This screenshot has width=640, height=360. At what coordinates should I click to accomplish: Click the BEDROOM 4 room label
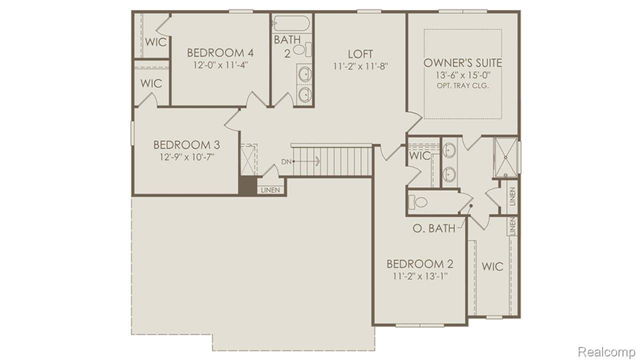pos(216,52)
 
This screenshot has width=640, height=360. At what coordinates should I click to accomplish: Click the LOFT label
pos(360,54)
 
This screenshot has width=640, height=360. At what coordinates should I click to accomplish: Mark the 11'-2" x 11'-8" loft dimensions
pos(360,65)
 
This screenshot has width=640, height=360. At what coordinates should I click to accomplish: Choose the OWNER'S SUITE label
pos(462,63)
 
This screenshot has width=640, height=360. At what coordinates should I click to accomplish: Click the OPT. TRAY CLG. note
pos(462,85)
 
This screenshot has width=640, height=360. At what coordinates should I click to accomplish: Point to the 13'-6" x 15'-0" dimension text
pos(462,75)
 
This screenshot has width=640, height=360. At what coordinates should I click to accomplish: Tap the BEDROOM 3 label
pos(186,145)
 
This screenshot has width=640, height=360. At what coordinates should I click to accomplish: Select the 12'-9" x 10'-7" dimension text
pos(186,157)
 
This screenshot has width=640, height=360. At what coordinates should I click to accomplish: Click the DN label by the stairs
pos(286,161)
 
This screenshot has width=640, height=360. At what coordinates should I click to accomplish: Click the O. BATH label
pos(434,228)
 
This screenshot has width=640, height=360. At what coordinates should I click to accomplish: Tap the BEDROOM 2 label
pos(420,264)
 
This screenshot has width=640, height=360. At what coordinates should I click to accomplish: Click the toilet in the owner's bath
pos(419,202)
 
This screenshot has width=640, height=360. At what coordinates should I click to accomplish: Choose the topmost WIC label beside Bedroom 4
pos(155,42)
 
